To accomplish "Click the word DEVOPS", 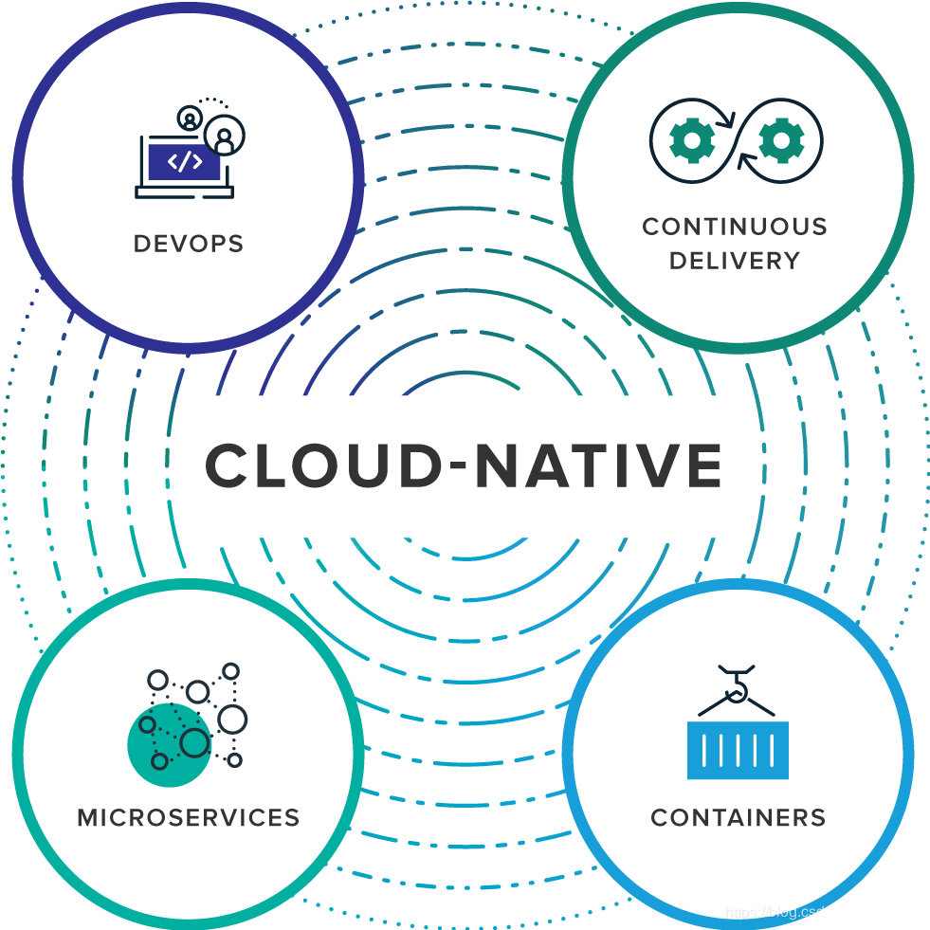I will click(189, 243).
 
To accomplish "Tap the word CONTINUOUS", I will click(735, 228).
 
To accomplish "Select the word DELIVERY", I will click(735, 261).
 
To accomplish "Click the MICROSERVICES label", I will click(189, 816).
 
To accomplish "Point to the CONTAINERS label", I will click(738, 816).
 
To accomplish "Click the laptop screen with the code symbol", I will click(184, 162).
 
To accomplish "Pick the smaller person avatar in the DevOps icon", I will click(191, 119).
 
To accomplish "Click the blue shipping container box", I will click(738, 750).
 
